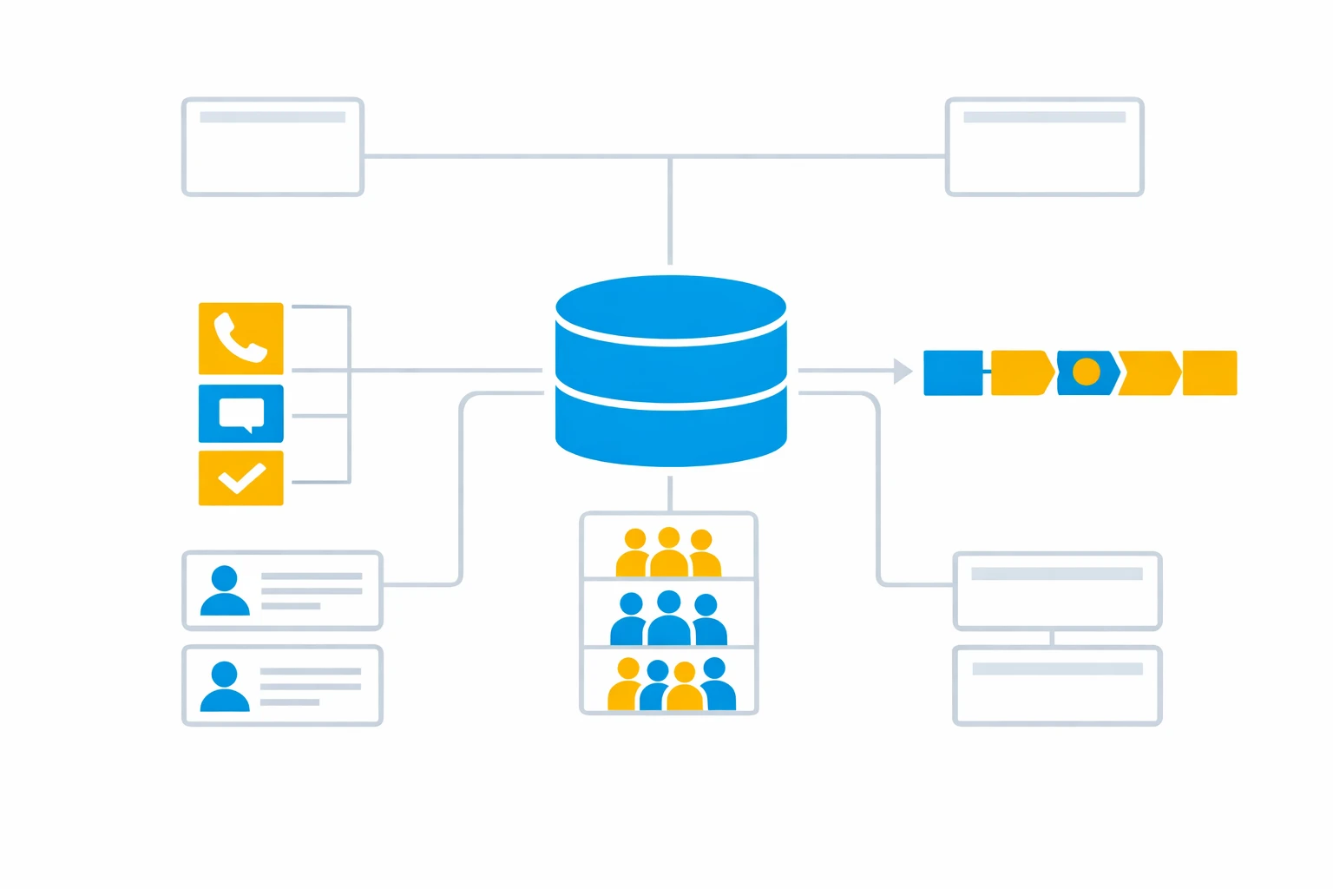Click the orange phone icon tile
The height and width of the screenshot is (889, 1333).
click(240, 339)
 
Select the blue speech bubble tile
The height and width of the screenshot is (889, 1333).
click(240, 413)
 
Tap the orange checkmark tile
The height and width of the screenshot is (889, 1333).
click(240, 477)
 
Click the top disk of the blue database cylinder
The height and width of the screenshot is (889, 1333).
click(671, 306)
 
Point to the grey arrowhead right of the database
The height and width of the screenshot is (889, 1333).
click(903, 371)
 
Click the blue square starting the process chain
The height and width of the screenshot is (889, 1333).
click(953, 372)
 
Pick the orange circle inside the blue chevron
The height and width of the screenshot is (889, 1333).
click(1086, 372)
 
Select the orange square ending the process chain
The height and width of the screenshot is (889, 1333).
click(1210, 372)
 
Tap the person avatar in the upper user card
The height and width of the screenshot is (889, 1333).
click(225, 590)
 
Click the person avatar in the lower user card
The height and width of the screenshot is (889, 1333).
click(225, 686)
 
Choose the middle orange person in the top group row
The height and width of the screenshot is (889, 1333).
click(669, 553)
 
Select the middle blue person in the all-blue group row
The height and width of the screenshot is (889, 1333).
click(669, 618)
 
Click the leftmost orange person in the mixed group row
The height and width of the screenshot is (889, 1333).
click(626, 686)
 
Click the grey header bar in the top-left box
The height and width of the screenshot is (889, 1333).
click(273, 117)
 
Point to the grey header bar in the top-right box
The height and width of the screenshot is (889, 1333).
click(1044, 117)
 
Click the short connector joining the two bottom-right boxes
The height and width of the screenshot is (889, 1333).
click(1052, 638)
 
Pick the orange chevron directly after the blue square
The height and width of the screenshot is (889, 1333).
click(1021, 372)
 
